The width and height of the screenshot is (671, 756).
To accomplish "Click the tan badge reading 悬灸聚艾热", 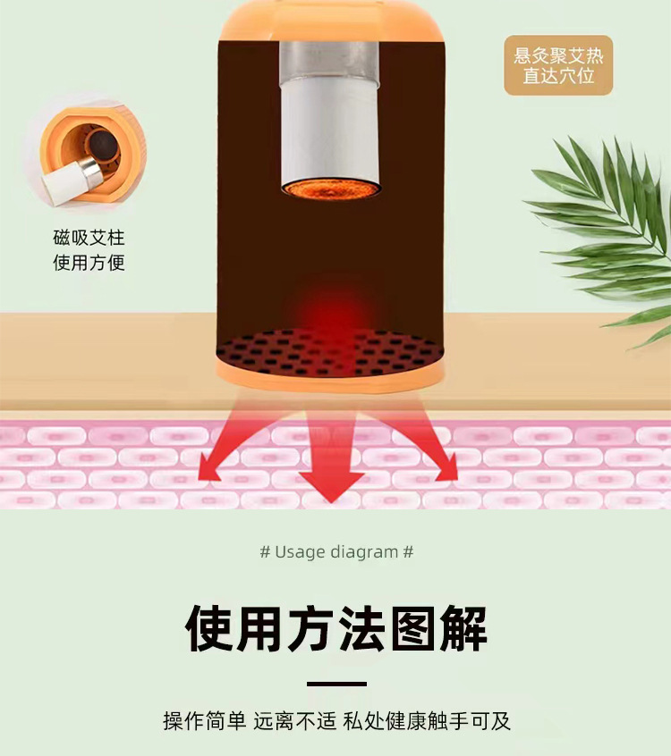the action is tap(558, 65).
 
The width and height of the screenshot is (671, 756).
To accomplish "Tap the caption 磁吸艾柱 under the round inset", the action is tap(89, 237).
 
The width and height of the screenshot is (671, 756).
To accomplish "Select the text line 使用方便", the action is tap(89, 263).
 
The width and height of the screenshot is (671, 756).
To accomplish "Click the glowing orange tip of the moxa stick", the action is tap(331, 189).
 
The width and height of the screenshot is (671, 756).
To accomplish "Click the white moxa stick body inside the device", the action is tap(330, 130).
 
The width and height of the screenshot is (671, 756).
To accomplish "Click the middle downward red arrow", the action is tap(332, 458).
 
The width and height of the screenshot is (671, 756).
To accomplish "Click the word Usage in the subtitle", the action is tap(299, 551).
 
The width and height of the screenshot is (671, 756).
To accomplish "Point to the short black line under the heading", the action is tap(336, 684).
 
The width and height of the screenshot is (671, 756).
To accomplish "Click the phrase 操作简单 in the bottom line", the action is tap(205, 721).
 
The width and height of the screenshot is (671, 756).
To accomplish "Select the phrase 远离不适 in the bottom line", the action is tap(294, 721).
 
